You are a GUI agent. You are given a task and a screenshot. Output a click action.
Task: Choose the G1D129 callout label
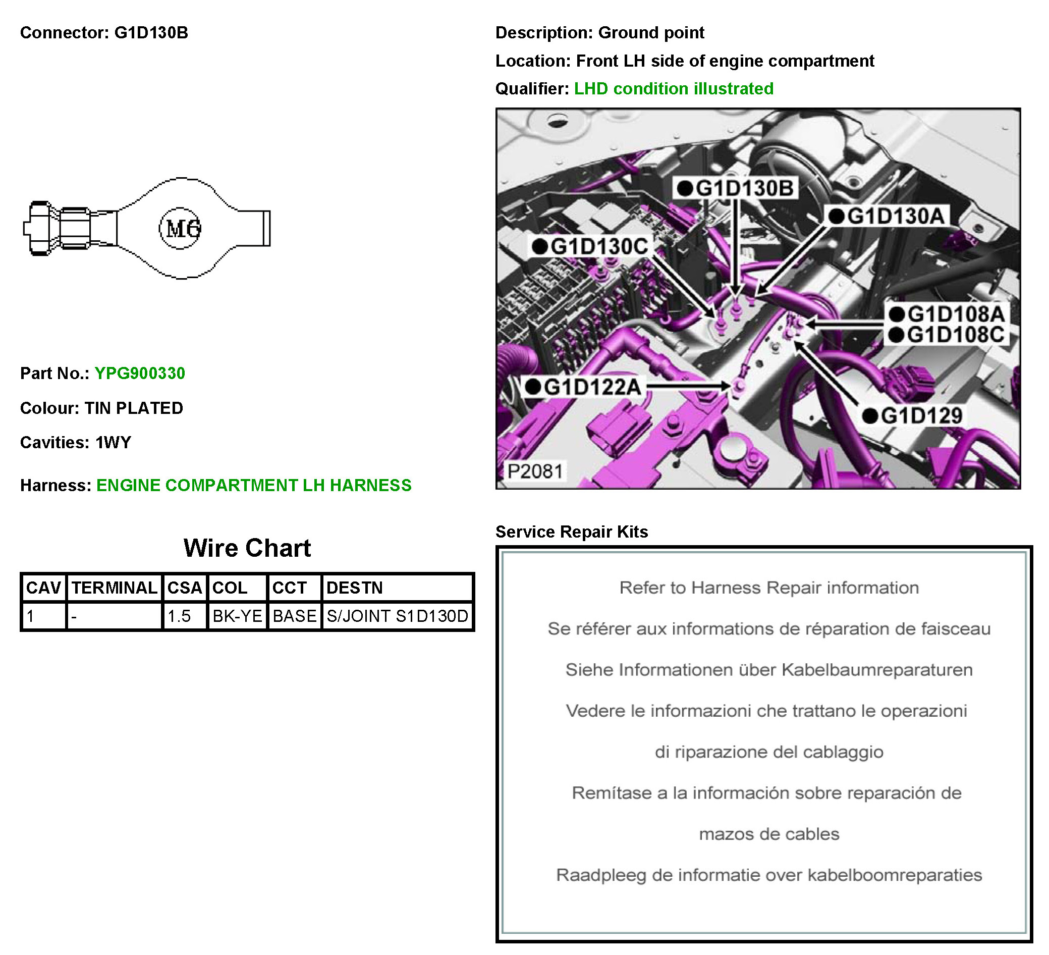point(913,415)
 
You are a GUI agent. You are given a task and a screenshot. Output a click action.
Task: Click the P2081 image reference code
point(535,471)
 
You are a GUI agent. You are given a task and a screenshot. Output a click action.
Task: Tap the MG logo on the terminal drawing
point(180,229)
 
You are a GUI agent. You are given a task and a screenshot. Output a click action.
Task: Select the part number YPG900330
point(139,373)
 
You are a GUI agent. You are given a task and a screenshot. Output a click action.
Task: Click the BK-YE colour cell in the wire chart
point(237,616)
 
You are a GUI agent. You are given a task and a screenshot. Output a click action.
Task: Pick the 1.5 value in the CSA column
point(179,616)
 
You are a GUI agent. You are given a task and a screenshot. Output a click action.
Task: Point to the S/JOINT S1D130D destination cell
point(397,616)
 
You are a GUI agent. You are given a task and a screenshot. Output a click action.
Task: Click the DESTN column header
point(354,588)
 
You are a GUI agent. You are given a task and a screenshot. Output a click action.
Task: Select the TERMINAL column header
point(114,588)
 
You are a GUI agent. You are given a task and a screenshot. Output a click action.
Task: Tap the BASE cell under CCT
point(295,616)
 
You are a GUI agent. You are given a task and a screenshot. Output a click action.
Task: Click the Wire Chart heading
point(247,548)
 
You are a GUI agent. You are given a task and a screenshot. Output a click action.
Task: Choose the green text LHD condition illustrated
point(673,88)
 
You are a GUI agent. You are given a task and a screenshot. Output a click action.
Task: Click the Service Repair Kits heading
point(571,532)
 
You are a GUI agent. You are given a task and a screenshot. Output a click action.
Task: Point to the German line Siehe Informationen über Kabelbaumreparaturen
point(769,670)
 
